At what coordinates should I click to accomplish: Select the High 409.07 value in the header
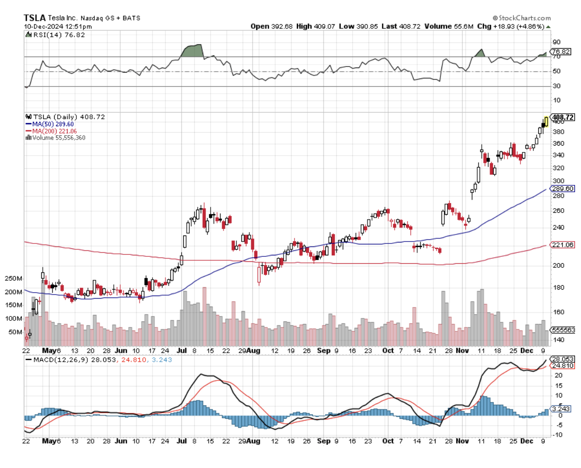click(315, 26)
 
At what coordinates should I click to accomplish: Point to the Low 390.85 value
click(358, 26)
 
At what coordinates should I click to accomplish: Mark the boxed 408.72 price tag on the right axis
click(563, 117)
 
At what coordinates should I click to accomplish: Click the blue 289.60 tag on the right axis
click(563, 189)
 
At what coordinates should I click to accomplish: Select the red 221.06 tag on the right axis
click(563, 245)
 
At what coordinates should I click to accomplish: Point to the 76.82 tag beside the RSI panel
click(563, 52)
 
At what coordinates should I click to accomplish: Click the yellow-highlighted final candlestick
click(546, 121)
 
